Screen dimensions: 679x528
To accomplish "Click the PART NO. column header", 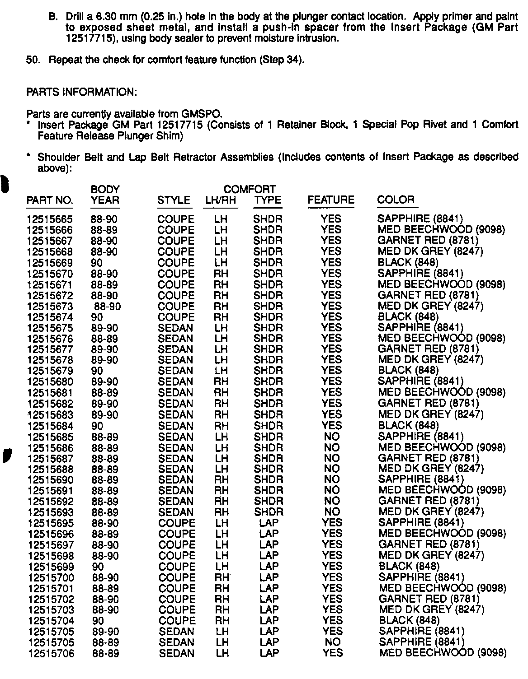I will tap(50, 200).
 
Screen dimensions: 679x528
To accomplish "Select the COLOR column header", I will tap(396, 200).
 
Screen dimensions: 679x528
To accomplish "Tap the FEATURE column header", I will tap(331, 200).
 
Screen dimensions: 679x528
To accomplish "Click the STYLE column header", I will tap(174, 200).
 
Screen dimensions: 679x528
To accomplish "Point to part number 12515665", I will tap(50, 219).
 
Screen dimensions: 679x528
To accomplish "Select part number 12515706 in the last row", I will tap(51, 653).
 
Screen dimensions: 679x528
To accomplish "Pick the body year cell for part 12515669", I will tap(97, 263).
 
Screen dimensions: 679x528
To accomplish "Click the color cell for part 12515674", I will tap(408, 317).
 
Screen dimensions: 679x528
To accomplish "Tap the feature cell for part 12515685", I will tap(332, 437).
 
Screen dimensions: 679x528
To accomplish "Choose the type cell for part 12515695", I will tap(269, 523).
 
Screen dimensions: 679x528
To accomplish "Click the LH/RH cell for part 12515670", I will tap(221, 274).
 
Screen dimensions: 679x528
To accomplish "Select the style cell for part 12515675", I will tap(175, 328).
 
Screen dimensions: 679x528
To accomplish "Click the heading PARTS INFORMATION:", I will tap(81, 92).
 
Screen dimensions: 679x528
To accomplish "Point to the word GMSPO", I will tap(202, 114).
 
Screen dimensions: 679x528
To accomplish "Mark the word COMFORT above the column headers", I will tap(250, 189).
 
